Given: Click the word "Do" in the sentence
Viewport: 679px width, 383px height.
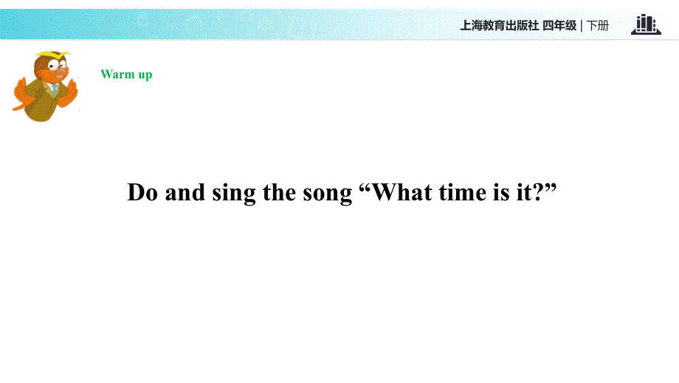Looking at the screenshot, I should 142,193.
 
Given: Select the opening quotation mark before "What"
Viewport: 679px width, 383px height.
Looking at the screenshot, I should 363,187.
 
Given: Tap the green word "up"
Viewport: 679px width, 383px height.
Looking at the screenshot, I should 145,75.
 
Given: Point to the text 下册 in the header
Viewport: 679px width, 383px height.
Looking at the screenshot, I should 598,25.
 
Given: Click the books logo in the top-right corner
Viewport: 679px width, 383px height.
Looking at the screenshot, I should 646,24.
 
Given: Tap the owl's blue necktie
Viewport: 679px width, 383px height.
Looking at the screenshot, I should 55,89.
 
